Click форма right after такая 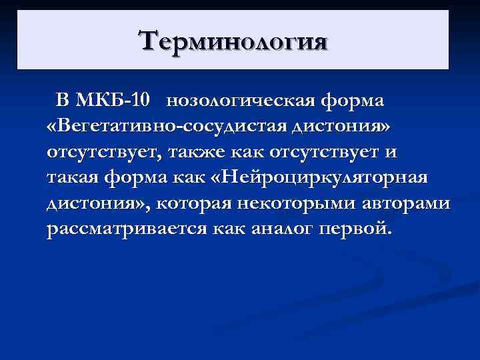139,178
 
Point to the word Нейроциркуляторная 325,178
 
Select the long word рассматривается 127,229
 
